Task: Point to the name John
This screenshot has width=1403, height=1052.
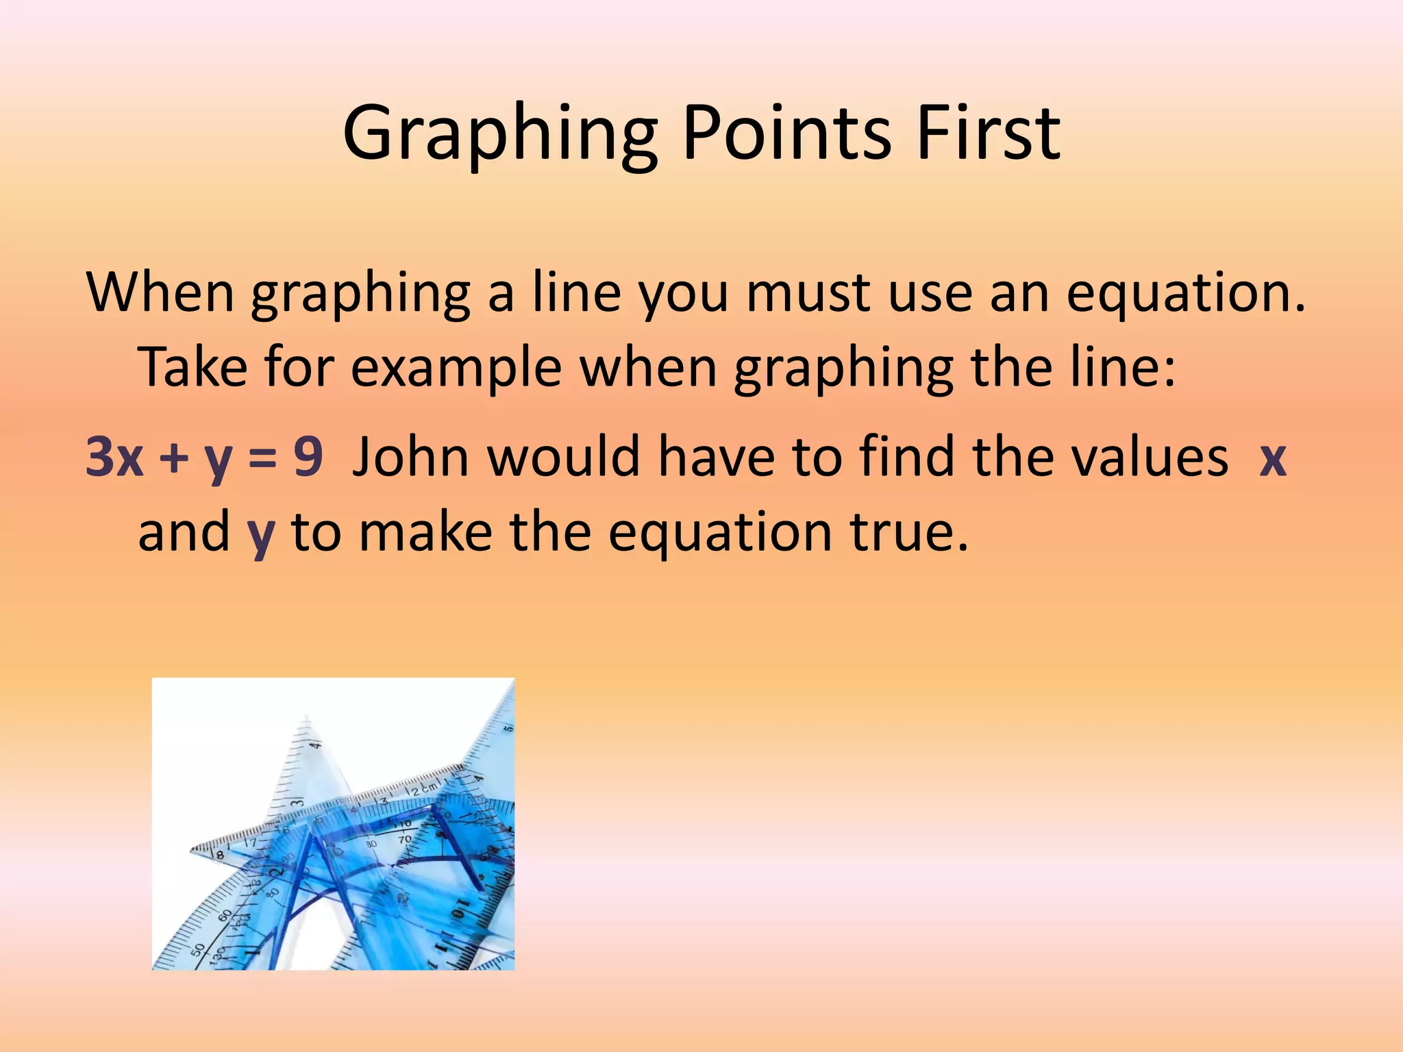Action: point(410,457)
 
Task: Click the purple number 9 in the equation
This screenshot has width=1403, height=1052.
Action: point(308,457)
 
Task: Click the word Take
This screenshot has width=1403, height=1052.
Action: point(193,368)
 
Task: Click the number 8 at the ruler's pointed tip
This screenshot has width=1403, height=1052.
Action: point(221,855)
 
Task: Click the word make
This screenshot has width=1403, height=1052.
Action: point(425,532)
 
